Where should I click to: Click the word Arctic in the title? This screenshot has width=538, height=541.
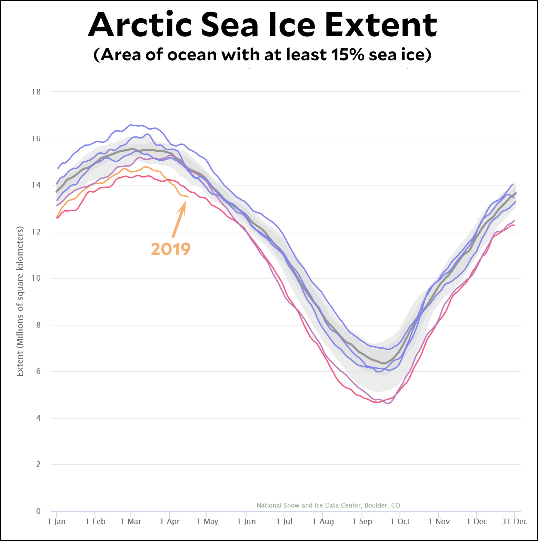(x=140, y=25)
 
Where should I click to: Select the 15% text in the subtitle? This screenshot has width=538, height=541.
(x=347, y=54)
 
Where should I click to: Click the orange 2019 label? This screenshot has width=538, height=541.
(x=171, y=249)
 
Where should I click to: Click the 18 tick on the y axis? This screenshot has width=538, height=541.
(x=36, y=92)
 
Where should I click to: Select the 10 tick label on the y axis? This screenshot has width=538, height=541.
(x=36, y=278)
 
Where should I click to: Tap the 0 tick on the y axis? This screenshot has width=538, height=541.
(x=38, y=511)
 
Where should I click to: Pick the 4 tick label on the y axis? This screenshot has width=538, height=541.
(x=38, y=418)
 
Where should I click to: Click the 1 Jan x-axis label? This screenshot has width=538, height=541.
(x=57, y=521)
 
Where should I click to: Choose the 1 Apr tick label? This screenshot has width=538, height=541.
(x=170, y=521)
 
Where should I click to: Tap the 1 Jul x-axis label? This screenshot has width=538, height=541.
(x=284, y=521)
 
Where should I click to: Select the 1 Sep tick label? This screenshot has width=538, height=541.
(x=362, y=521)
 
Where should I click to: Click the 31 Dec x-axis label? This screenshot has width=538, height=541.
(x=514, y=521)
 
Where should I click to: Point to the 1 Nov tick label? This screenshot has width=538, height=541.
(x=439, y=521)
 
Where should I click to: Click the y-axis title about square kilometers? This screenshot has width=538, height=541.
(x=20, y=301)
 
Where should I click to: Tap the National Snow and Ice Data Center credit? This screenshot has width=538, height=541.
(x=328, y=505)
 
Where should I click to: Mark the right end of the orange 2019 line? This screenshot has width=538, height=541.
(x=188, y=197)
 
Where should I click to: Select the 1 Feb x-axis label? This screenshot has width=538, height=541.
(x=96, y=521)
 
